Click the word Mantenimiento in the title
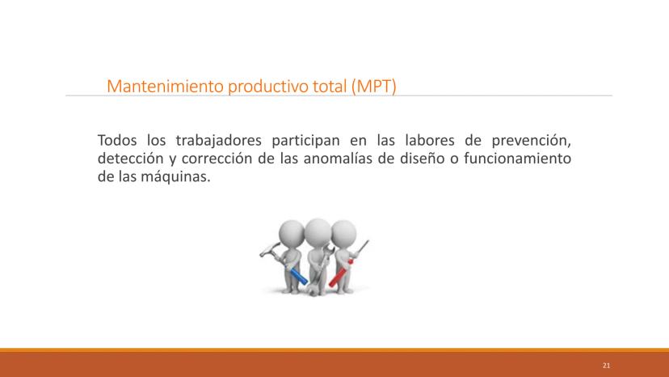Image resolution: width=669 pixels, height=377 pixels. coord(165,87)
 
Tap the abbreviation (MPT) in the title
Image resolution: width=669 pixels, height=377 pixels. coord(374,87)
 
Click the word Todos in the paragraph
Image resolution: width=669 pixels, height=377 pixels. coord(117,140)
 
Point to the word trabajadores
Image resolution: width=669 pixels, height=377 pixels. coord(218,141)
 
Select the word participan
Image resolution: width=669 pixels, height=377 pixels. coord(305,141)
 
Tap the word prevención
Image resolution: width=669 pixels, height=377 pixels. coord(531,141)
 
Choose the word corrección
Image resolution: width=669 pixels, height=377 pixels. coord(217,159)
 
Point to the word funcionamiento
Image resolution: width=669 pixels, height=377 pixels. coord(518,159)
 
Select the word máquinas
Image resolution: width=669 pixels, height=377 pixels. coord(176,177)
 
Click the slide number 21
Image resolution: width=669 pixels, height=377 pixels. coord(606,366)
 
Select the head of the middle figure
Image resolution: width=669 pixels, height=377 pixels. coord(318,232)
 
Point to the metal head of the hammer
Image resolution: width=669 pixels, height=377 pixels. coord(270,250)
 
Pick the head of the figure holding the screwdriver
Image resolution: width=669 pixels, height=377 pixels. coord(343,233)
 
